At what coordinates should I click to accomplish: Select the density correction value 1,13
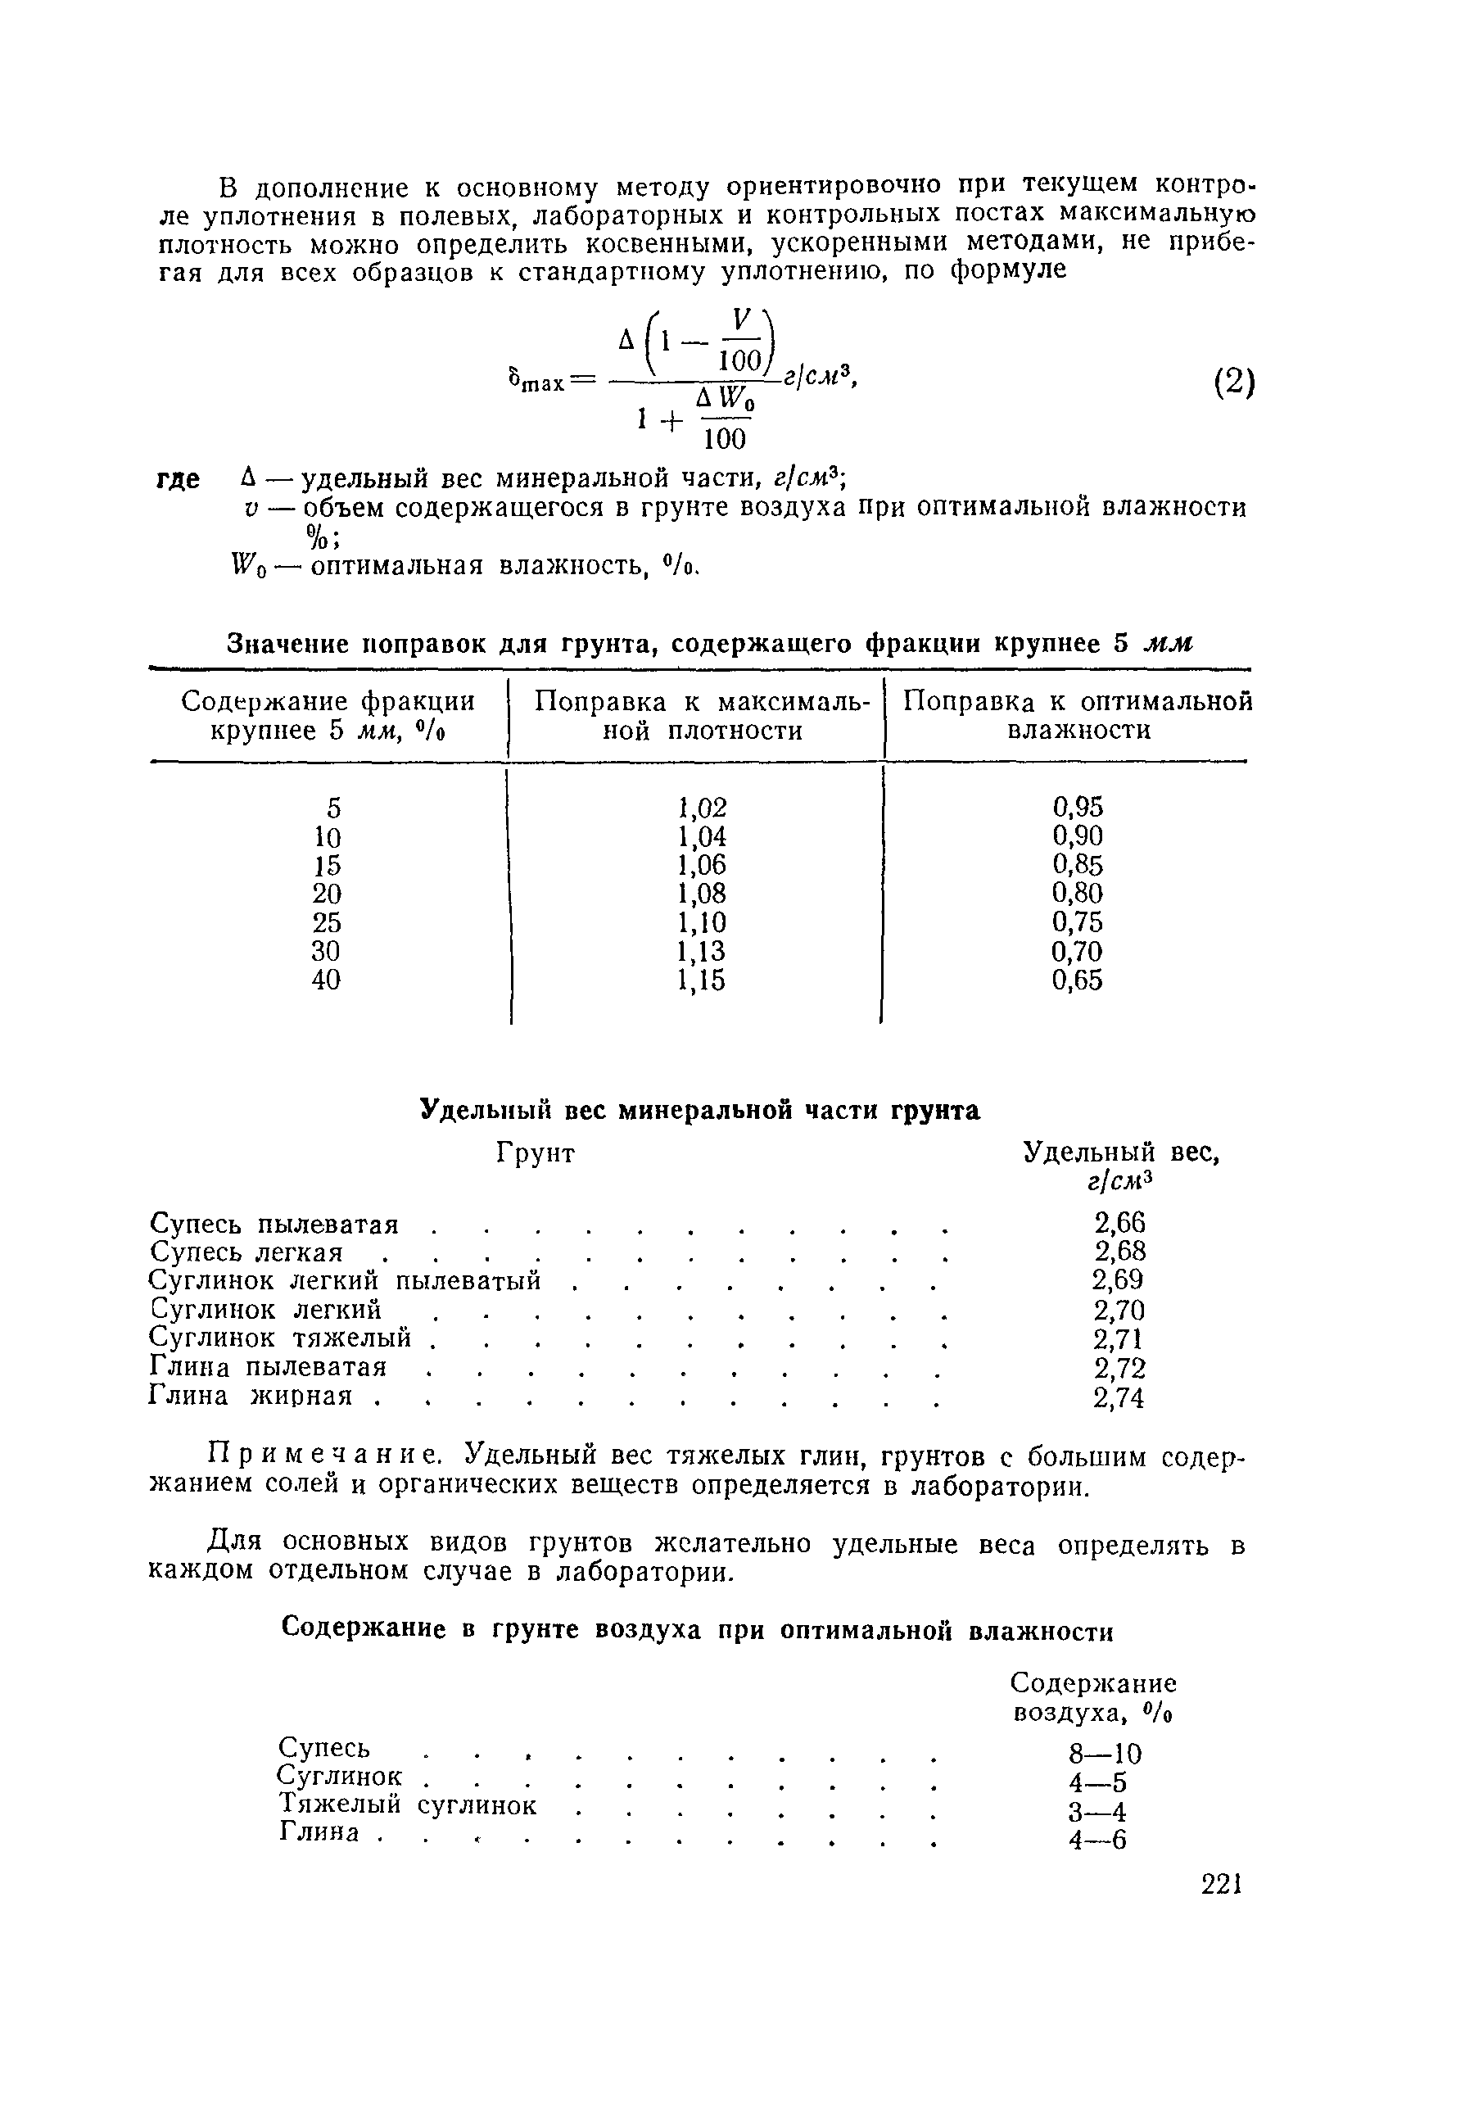pos(702,952)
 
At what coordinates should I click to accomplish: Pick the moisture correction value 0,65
pos(1077,980)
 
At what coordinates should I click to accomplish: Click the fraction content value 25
pos(327,922)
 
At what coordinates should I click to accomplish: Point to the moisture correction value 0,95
pos(1077,806)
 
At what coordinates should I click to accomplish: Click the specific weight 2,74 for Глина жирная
pos(1118,1398)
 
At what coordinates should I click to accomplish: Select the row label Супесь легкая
pos(246,1251)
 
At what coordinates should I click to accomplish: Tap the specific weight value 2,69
pos(1118,1279)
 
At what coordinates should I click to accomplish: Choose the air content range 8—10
pos(1105,1755)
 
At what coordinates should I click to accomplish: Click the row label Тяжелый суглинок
pos(407,1804)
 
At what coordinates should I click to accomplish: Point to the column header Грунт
pos(536,1153)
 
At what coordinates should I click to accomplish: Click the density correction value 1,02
pos(702,807)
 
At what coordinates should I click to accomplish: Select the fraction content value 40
pos(327,980)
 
